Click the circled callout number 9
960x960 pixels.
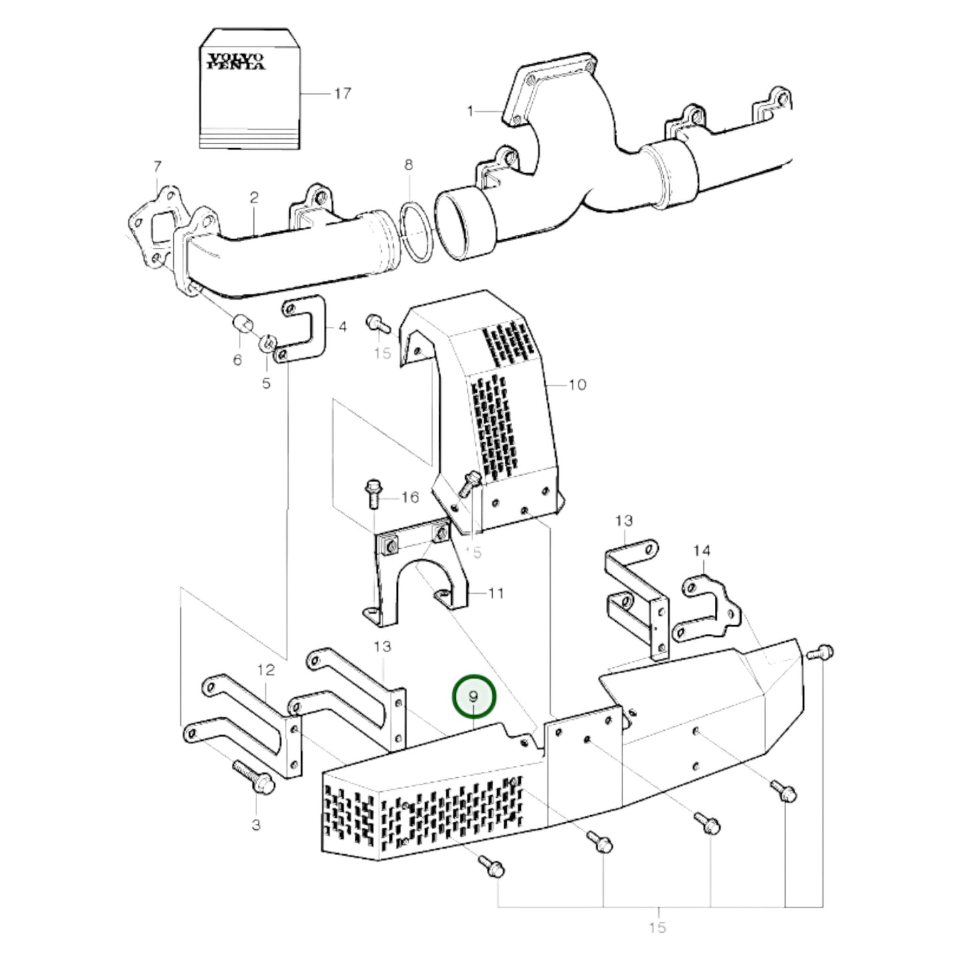click(474, 697)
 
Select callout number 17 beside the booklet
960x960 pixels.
click(342, 94)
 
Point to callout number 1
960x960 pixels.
click(470, 111)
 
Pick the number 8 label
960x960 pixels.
click(409, 164)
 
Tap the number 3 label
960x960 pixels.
click(256, 825)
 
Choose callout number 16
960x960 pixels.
click(410, 497)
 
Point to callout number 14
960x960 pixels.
click(702, 551)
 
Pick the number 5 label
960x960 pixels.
click(266, 384)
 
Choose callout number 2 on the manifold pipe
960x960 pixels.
click(254, 197)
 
